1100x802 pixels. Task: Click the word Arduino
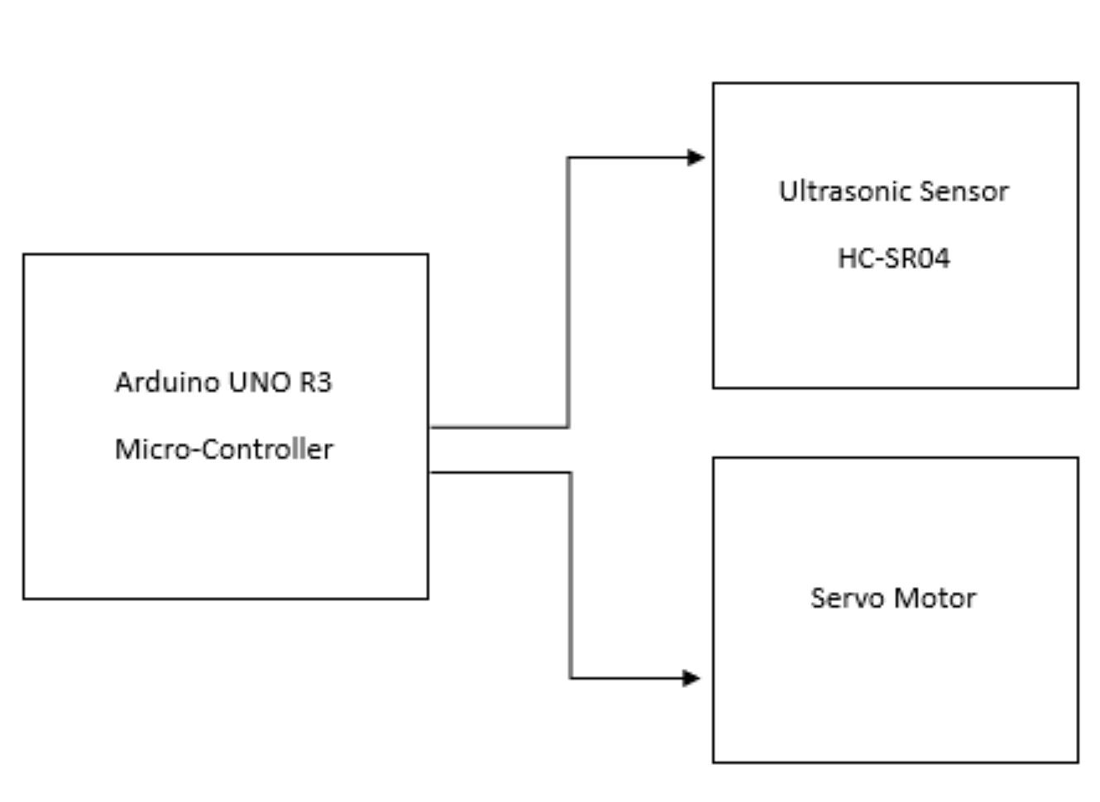coord(167,382)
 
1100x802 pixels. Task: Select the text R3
coord(315,382)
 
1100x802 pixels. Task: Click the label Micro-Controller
coord(224,449)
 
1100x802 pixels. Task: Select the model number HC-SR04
coord(893,258)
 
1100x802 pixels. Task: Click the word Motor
coord(938,598)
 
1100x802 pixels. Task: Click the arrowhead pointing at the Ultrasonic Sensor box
coord(696,157)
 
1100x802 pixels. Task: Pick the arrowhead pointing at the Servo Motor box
coord(692,678)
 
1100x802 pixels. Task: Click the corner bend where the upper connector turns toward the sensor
coord(568,157)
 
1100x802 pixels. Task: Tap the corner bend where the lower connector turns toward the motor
coord(571,678)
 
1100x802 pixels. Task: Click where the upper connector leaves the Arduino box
coord(432,427)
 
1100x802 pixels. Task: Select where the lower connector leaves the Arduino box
coord(432,472)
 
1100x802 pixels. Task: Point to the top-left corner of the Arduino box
coord(24,255)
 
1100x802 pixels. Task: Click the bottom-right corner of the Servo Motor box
coord(1078,761)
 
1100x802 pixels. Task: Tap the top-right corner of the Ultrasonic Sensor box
coord(1078,84)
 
